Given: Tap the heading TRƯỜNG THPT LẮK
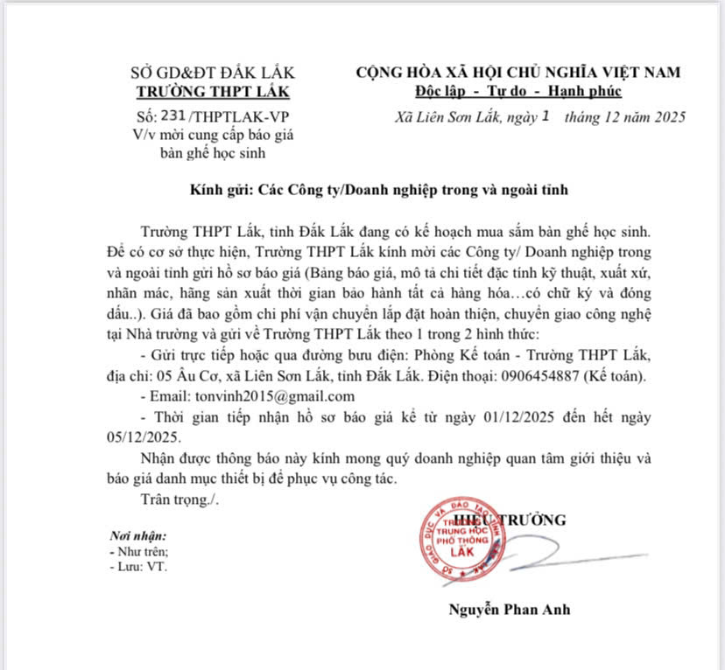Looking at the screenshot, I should [213, 92].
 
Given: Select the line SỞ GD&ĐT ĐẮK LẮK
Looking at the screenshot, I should [213, 73].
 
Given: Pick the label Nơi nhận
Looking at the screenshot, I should [137, 535].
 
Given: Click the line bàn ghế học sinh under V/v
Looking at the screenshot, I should [213, 153].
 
